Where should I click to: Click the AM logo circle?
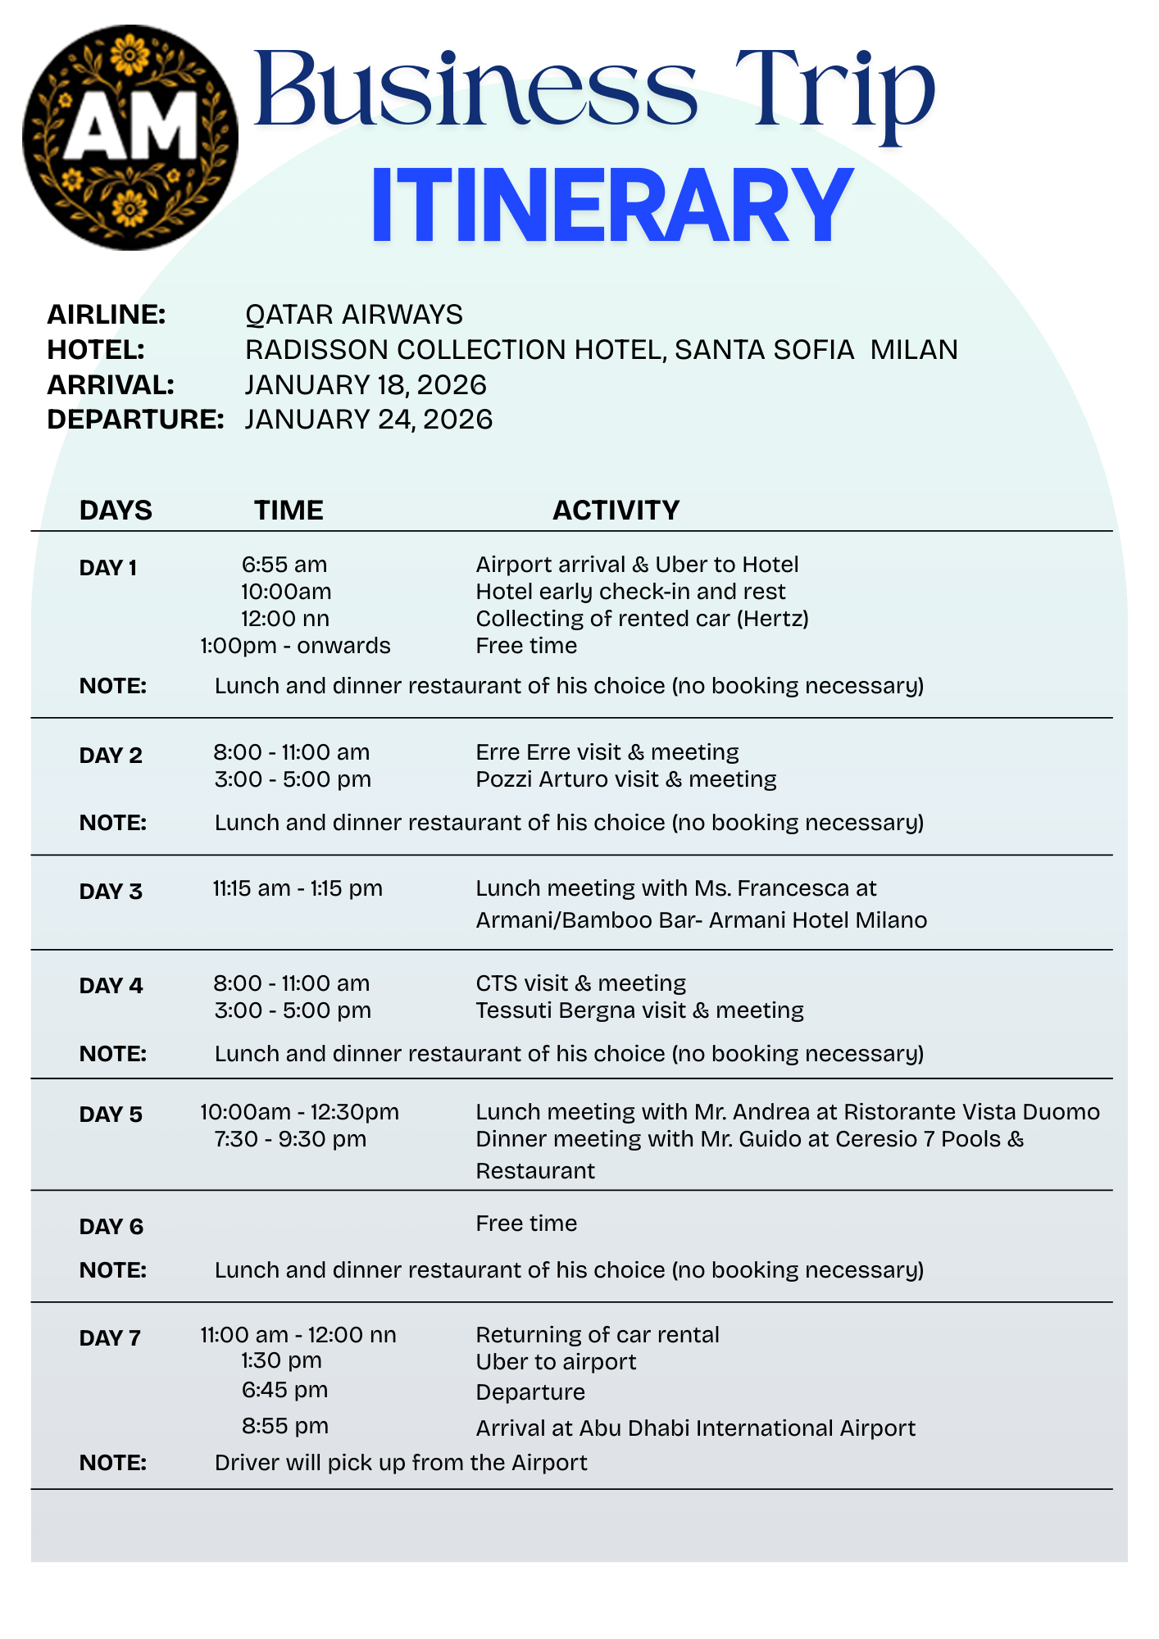point(130,137)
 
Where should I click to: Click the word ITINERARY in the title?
point(611,206)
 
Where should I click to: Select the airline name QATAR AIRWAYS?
point(354,314)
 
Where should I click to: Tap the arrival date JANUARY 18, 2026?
point(366,384)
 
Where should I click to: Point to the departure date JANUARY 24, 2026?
point(369,420)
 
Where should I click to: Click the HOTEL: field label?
point(96,350)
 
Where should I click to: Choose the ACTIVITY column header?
point(616,510)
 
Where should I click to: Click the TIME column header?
point(289,510)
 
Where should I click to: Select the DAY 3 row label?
point(111,892)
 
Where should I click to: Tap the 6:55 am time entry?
point(284,565)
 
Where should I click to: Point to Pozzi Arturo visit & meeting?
point(625,779)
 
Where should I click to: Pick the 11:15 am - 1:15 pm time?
point(298,888)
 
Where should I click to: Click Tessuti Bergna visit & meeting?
point(639,1010)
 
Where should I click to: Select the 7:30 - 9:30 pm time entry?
point(290,1139)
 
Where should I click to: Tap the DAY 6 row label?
point(111,1227)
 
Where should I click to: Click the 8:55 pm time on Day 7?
point(285,1426)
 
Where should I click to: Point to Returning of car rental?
point(597,1335)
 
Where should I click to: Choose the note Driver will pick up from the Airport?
point(401,1463)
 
